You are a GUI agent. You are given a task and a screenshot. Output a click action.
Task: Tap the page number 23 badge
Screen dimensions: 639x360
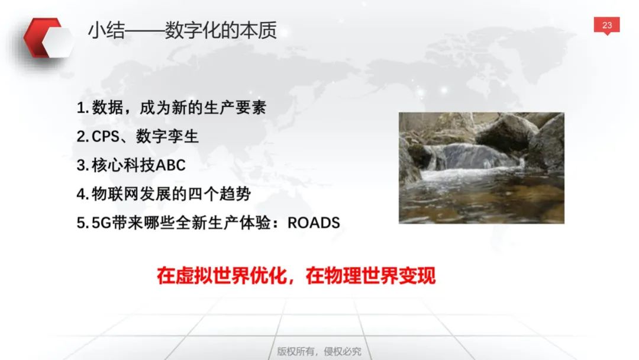tap(607, 25)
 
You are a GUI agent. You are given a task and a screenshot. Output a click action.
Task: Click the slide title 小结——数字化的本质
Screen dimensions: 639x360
tap(183, 31)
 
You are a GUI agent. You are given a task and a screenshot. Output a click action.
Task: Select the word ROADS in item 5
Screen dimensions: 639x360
tap(314, 223)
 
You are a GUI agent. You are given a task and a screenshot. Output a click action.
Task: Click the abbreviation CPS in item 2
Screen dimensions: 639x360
tap(105, 137)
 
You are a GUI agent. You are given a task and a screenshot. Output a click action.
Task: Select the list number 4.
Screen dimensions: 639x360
tap(82, 194)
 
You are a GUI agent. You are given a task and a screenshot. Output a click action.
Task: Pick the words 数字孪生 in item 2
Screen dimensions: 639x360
tap(167, 137)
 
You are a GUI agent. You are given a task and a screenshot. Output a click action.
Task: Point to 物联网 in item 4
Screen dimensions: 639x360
tap(115, 194)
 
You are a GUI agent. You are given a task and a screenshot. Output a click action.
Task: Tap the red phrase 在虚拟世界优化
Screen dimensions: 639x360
tap(222, 275)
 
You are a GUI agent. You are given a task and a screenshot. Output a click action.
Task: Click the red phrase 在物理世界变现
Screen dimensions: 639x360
tap(371, 275)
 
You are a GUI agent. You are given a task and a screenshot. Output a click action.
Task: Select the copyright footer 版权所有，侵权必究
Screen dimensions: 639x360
tap(319, 351)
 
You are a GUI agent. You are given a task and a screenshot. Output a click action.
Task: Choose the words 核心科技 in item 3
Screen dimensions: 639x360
tap(123, 166)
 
